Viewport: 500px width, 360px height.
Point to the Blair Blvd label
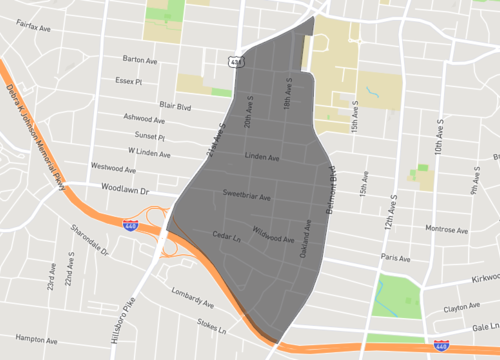(x=175, y=103)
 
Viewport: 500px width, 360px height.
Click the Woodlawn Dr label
(x=124, y=188)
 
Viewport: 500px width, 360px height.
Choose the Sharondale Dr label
(x=88, y=240)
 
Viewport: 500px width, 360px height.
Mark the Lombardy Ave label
(x=192, y=298)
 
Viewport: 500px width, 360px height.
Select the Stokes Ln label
(x=214, y=326)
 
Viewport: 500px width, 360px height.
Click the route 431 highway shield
(x=235, y=61)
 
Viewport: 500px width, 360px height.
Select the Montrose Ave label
(x=446, y=229)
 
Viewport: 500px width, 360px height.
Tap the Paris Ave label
(x=396, y=257)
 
